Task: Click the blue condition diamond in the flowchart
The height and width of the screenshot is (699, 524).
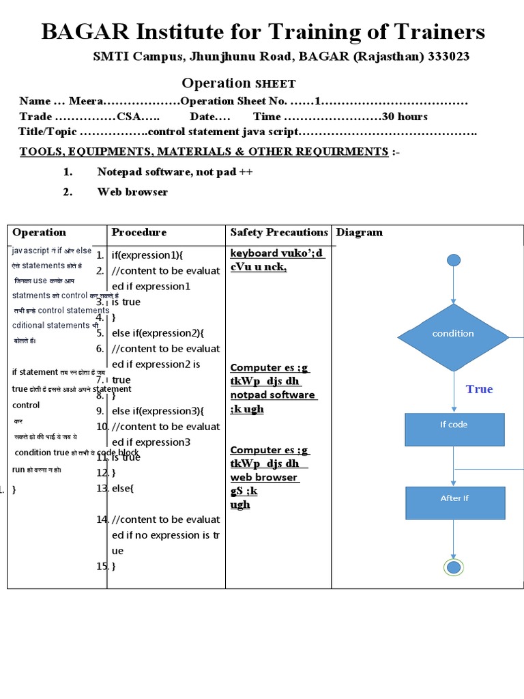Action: click(x=454, y=334)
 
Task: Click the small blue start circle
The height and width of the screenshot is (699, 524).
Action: click(x=454, y=259)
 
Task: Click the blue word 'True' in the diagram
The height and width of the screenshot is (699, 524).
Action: click(x=479, y=389)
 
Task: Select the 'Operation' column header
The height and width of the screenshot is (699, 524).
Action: click(x=40, y=232)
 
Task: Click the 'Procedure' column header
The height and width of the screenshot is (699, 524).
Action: click(x=139, y=232)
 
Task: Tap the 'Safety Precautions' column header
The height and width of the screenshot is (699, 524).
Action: click(x=279, y=232)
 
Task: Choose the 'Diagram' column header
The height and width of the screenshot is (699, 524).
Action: click(x=360, y=232)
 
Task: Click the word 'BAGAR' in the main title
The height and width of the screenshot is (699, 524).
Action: click(x=76, y=32)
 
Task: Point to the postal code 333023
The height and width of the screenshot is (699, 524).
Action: click(x=448, y=57)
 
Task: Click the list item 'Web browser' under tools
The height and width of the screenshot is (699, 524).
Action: click(x=132, y=192)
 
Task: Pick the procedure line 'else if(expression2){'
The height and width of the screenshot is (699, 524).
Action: click(x=158, y=333)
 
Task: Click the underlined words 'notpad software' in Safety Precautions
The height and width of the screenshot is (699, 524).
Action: click(x=273, y=395)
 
